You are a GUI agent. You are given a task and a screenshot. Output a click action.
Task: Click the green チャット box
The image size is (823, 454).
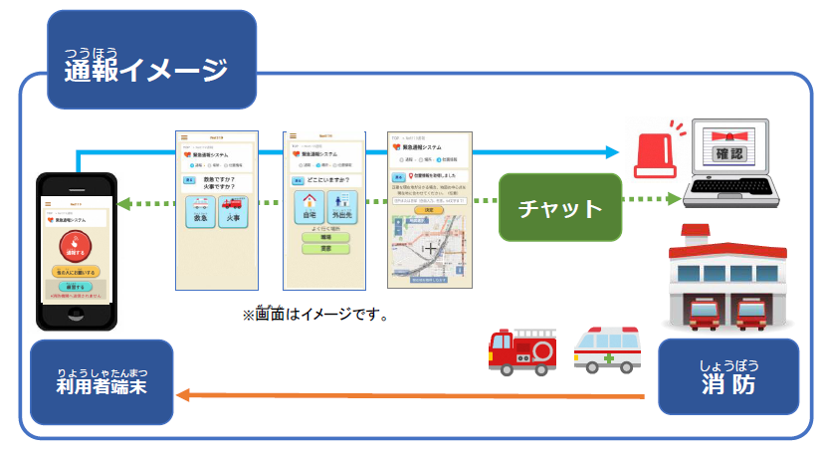[560, 208]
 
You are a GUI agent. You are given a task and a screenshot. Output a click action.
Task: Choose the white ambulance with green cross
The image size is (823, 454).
[608, 351]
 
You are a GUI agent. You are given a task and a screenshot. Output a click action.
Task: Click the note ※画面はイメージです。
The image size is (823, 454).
[314, 315]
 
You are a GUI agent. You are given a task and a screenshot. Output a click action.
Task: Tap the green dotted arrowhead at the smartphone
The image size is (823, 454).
[121, 206]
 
